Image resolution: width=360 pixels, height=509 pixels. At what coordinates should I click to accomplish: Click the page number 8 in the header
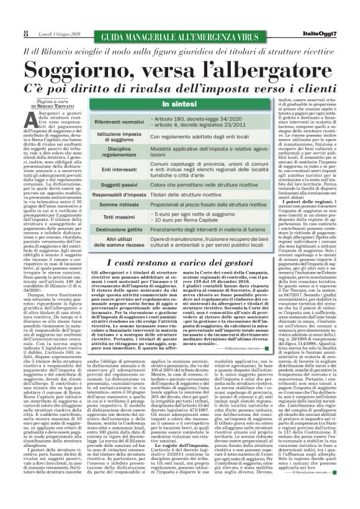click(x=9, y=34)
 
